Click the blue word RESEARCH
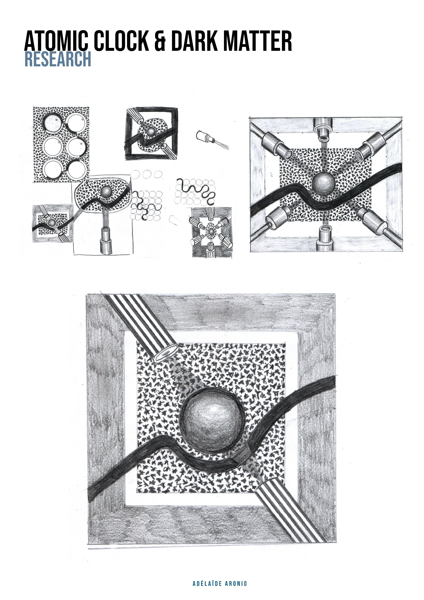click(x=58, y=59)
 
